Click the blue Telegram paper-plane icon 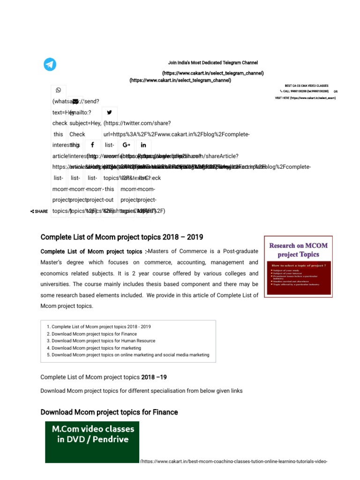(50, 64)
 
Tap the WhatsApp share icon (58, 90)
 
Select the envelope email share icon (75, 101)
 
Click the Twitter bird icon (110, 112)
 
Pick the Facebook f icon (93, 145)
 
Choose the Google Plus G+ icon (126, 145)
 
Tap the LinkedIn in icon (143, 145)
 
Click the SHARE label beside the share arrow (41, 211)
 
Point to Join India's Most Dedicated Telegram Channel (213, 63)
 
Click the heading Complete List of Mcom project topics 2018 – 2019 (122, 237)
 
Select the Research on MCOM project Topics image (298, 266)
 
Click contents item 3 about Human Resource (103, 341)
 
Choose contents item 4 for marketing (96, 348)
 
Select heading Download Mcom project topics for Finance (109, 412)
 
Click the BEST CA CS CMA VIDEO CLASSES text (307, 86)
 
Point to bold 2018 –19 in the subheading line (154, 377)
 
